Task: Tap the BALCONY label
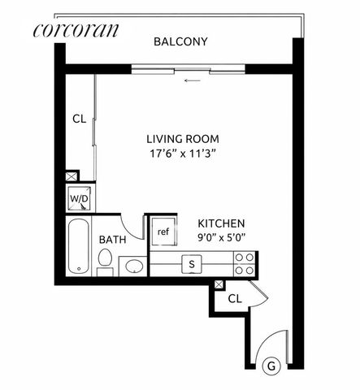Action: click(181, 41)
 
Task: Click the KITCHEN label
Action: click(222, 223)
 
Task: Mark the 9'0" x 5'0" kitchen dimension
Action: click(222, 238)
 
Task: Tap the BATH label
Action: click(111, 240)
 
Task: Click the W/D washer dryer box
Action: click(80, 198)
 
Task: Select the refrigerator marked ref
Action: click(163, 232)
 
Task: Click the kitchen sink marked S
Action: click(192, 262)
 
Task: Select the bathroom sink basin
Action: click(132, 266)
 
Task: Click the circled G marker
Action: click(272, 366)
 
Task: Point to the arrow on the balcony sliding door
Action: click(192, 80)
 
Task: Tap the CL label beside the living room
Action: click(79, 119)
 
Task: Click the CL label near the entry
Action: click(235, 299)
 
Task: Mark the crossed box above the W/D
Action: click(72, 175)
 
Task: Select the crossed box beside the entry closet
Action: click(218, 284)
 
